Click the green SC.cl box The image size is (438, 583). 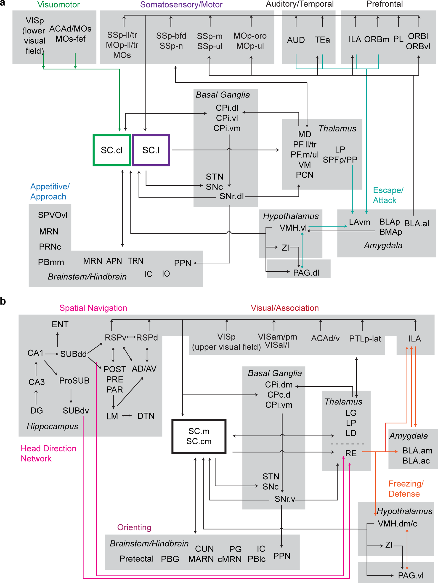(112, 150)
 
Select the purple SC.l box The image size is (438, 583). (151, 150)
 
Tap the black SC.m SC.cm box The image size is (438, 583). (199, 436)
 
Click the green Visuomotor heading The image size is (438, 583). (58, 5)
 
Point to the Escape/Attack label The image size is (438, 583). (388, 195)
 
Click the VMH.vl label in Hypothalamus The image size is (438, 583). (293, 228)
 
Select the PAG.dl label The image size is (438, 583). (306, 273)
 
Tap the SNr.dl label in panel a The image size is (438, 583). (231, 196)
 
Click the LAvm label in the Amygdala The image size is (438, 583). (359, 222)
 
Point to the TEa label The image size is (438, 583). (322, 40)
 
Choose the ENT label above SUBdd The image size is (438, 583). (60, 324)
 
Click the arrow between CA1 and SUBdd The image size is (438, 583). (52, 354)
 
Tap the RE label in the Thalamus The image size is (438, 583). (351, 453)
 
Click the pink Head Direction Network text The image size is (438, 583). (48, 453)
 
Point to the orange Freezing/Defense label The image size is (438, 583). (406, 489)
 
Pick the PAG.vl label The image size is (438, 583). (411, 575)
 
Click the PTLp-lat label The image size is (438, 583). (365, 339)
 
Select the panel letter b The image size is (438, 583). (3, 301)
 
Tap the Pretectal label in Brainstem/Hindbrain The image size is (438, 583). (136, 559)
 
